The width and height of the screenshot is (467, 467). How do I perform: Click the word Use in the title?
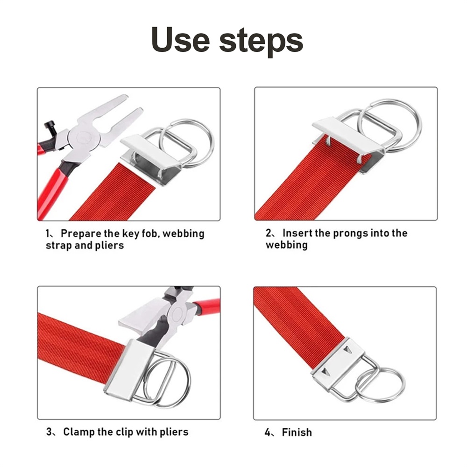(x=180, y=39)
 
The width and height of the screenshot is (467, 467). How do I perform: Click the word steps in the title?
(x=261, y=42)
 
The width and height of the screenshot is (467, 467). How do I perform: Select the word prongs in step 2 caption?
(x=351, y=233)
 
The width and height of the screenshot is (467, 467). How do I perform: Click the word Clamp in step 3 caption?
(x=78, y=432)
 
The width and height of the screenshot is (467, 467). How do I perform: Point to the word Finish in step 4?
(x=297, y=432)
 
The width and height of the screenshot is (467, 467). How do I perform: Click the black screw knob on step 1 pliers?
(x=50, y=127)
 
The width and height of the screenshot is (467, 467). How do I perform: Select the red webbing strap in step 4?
(x=301, y=325)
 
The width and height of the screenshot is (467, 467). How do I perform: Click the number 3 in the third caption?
(x=49, y=431)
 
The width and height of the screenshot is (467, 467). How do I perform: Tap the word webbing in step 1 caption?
(x=184, y=233)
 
